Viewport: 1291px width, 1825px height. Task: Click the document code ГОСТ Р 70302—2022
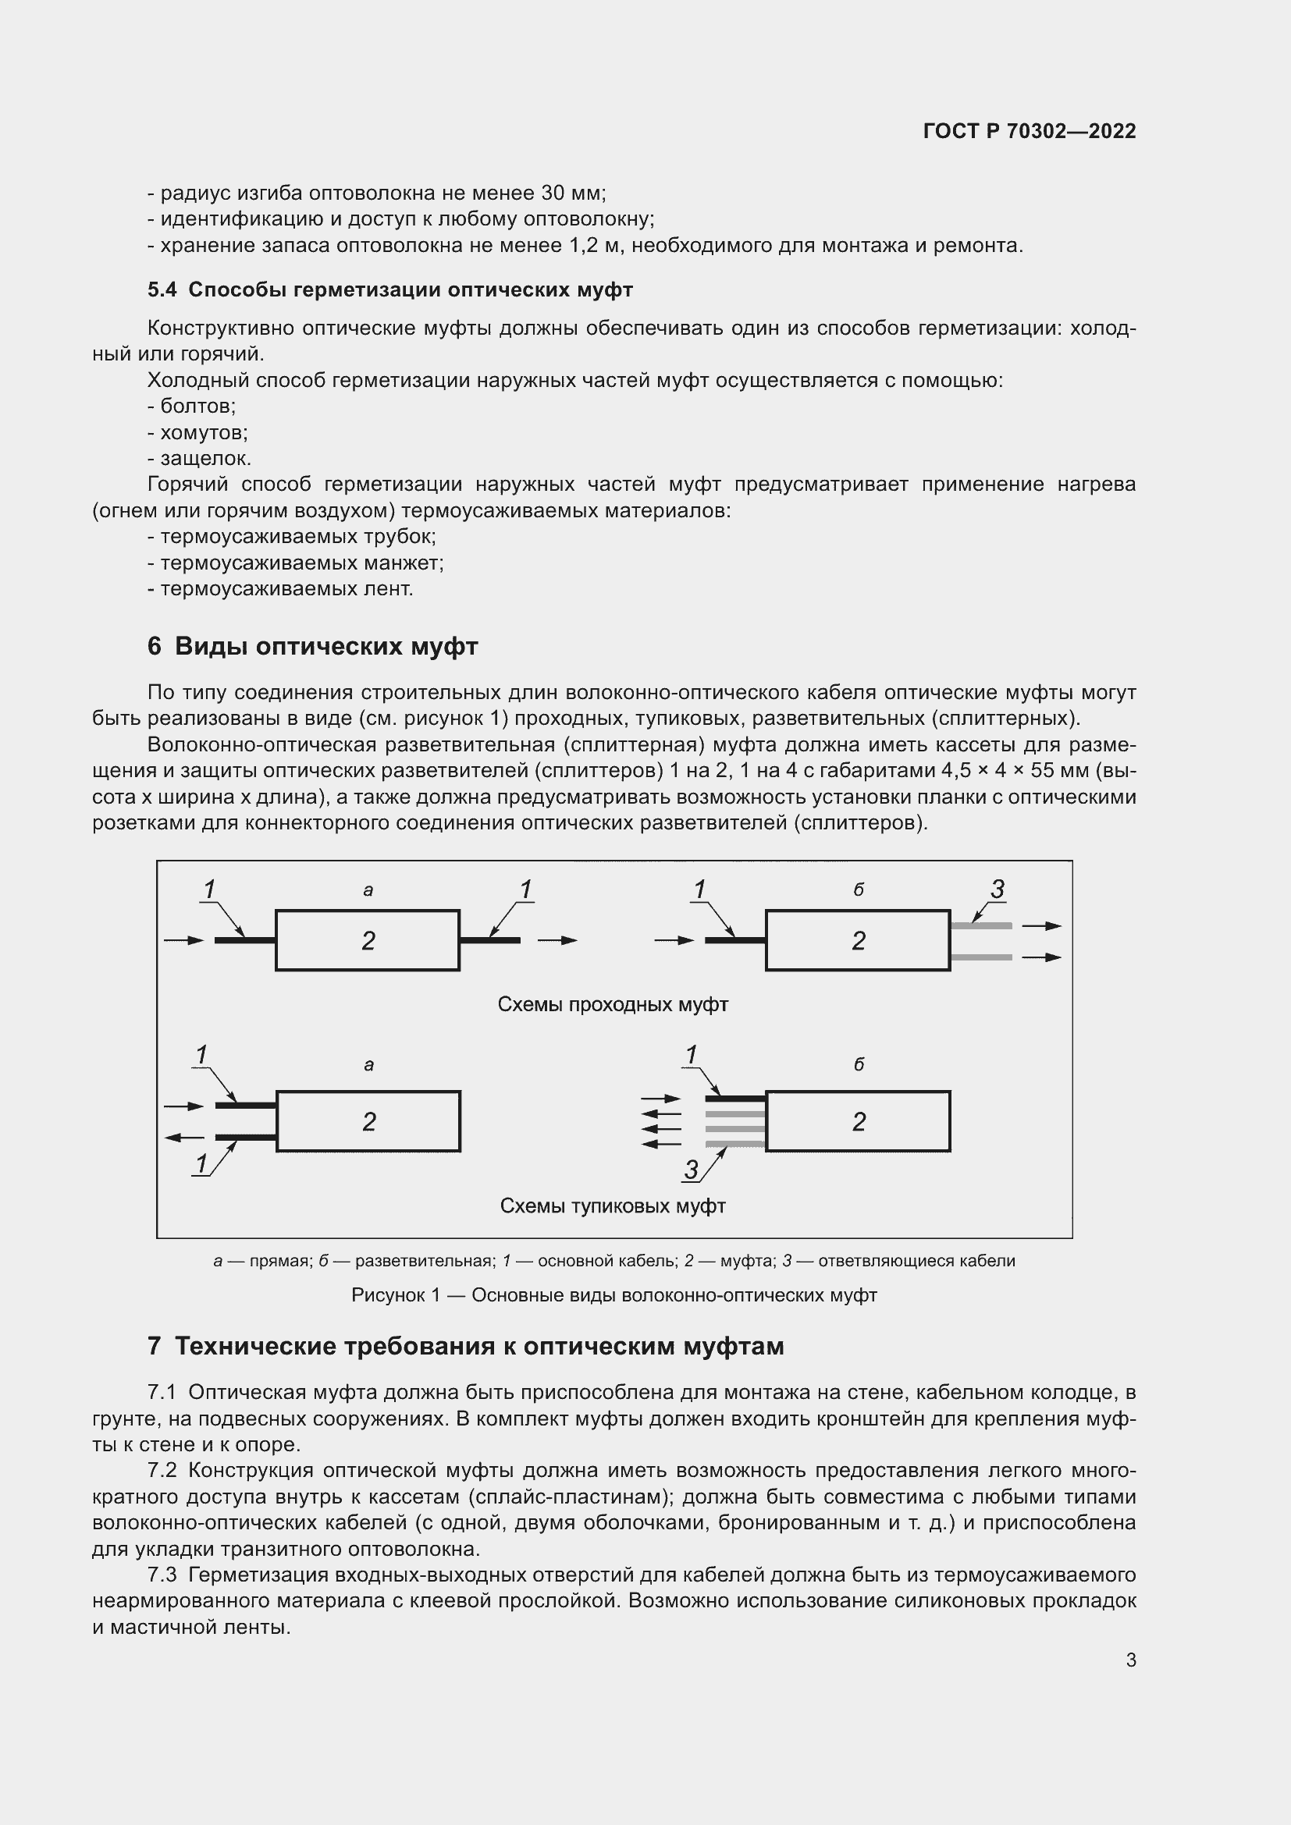click(x=1030, y=131)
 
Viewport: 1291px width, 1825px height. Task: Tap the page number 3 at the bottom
click(x=1130, y=1660)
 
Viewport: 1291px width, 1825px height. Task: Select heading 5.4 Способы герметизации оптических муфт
click(x=389, y=290)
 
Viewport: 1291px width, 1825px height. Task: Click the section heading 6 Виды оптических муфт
click(x=312, y=646)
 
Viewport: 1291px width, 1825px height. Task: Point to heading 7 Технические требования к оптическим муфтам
click(x=466, y=1346)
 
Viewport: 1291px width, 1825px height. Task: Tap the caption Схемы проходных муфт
click(x=612, y=1005)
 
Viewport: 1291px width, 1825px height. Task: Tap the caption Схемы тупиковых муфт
click(x=612, y=1205)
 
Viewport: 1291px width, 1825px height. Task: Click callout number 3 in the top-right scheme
click(x=998, y=889)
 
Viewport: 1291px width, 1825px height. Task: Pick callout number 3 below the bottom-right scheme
click(x=691, y=1170)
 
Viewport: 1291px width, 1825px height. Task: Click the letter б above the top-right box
click(x=859, y=890)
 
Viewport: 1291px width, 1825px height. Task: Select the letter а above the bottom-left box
click(x=369, y=1065)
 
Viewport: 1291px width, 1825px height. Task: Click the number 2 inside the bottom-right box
click(x=859, y=1121)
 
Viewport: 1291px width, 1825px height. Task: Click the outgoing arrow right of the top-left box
click(x=557, y=940)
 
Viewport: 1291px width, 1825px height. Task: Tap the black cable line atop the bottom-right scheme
click(x=735, y=1099)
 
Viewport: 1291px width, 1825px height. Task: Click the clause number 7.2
click(x=163, y=1471)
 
